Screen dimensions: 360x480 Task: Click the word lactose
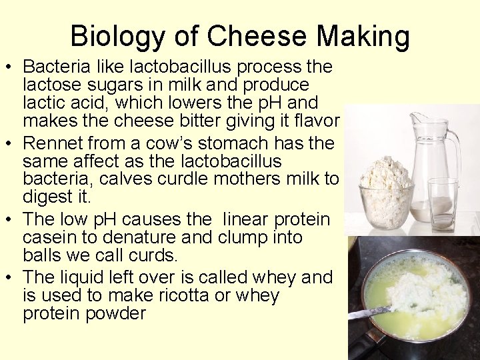(52, 85)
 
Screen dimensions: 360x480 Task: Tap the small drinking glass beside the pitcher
(443, 203)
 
